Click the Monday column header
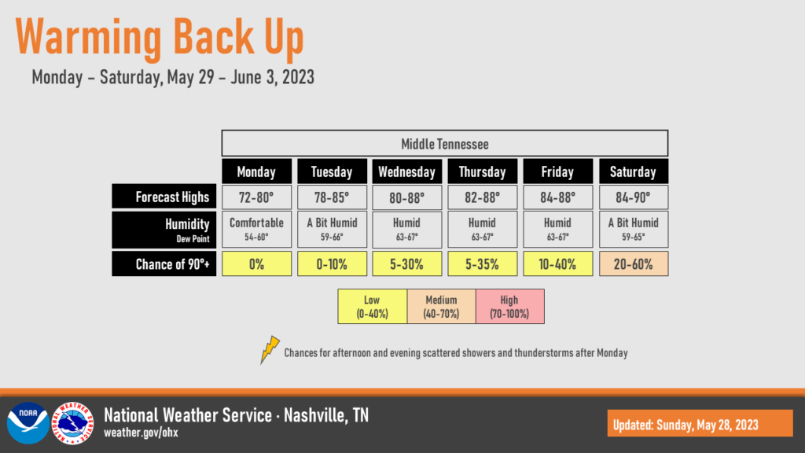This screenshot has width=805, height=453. (x=257, y=171)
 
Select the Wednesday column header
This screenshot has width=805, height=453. (x=406, y=171)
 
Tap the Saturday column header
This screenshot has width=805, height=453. (x=634, y=171)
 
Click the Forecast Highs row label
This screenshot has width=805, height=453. (x=164, y=196)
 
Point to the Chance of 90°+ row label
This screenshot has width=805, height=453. (x=164, y=263)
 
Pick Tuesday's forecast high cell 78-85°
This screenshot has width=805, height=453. (x=333, y=197)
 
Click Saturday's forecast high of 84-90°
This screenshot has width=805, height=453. (x=634, y=197)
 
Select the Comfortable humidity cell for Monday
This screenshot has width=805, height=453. (x=257, y=229)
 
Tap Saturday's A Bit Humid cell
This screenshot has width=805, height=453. (x=634, y=229)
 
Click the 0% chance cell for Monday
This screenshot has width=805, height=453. (x=257, y=263)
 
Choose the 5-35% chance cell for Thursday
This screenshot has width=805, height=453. (x=482, y=263)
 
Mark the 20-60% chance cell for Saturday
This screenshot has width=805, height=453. (x=634, y=263)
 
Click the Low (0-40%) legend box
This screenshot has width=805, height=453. (x=372, y=306)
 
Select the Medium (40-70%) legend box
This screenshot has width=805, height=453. (x=442, y=306)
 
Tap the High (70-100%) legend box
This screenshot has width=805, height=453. (x=509, y=306)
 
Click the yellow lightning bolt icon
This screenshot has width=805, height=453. (x=270, y=350)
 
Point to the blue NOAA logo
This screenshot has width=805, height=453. (x=28, y=422)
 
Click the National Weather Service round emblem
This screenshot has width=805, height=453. (x=72, y=422)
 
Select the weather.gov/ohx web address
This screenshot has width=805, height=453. (x=142, y=433)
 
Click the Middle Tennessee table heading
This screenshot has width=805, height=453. (x=445, y=143)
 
